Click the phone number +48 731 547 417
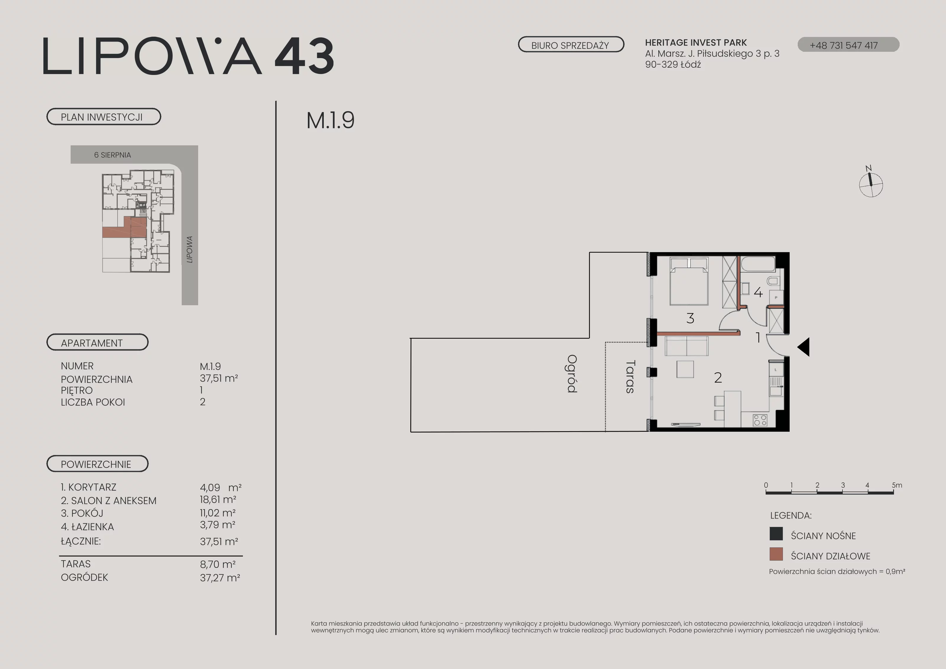tap(844, 45)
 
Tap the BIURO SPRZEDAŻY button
tap(571, 45)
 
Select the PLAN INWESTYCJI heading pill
tap(103, 117)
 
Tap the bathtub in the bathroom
tap(758, 264)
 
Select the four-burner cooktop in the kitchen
tap(760, 420)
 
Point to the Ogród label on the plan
tap(572, 374)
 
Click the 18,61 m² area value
tap(218, 500)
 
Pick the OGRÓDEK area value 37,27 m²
tap(220, 578)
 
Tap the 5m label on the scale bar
tap(897, 485)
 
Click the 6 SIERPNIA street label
tap(112, 155)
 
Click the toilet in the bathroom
tap(773, 282)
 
